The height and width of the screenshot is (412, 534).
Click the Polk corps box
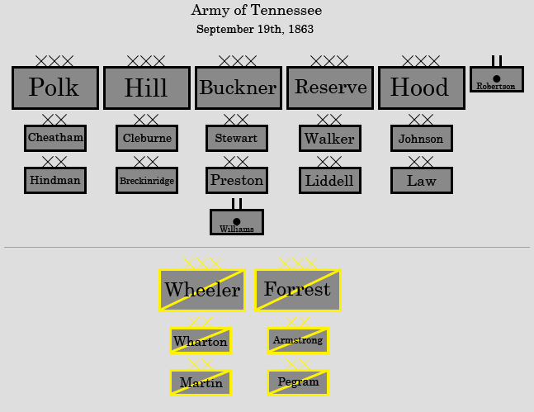(x=55, y=88)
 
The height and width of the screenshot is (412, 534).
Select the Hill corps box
(x=147, y=88)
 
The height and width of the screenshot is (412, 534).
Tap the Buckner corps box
(x=239, y=88)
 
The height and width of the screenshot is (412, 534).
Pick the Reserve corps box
(x=330, y=88)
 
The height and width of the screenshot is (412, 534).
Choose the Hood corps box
(x=422, y=88)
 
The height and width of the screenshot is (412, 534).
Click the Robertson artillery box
(x=496, y=79)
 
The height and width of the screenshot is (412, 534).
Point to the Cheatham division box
(x=55, y=138)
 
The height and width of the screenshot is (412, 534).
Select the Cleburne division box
(x=147, y=138)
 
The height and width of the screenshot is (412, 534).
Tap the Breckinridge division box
(x=147, y=180)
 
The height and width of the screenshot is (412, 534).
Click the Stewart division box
(x=236, y=138)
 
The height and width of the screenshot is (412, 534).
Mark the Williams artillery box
(x=237, y=222)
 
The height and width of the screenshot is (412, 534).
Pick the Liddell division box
(x=329, y=180)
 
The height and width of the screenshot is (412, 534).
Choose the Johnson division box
(x=421, y=138)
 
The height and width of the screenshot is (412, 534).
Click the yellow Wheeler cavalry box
(x=202, y=290)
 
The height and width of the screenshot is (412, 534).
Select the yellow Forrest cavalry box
(x=298, y=290)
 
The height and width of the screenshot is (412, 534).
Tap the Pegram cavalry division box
(x=298, y=382)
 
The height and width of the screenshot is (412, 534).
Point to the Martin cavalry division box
(x=201, y=382)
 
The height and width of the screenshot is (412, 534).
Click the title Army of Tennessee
(x=256, y=11)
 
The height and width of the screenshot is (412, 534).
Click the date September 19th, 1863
(x=254, y=30)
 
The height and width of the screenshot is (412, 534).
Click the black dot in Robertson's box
(x=496, y=78)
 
